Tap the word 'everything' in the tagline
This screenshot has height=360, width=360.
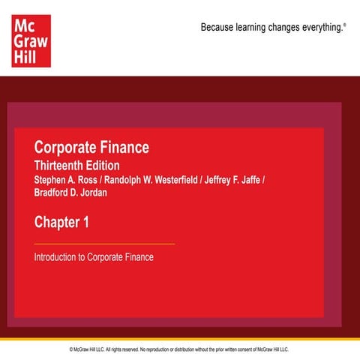[x=322, y=28]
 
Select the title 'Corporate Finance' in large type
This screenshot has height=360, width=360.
[x=91, y=147]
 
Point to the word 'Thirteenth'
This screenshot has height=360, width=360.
[x=62, y=165]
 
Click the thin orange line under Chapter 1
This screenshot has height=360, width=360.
[x=104, y=244]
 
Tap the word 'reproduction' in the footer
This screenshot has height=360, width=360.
[x=158, y=349]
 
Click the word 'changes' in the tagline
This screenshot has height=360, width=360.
[x=289, y=28]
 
